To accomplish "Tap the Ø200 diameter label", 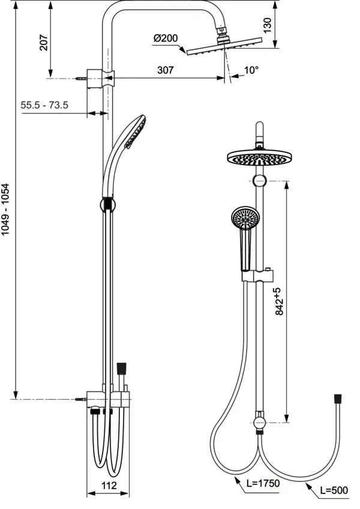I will tap(166, 38).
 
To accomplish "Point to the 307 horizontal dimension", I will tap(166, 70).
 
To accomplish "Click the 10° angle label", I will tap(251, 70).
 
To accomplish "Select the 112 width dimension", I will tap(108, 485).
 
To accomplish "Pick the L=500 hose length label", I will tap(333, 490).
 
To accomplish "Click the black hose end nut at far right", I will tap(338, 398).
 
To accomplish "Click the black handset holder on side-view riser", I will tap(107, 204).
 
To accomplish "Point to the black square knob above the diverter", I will tap(122, 367).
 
